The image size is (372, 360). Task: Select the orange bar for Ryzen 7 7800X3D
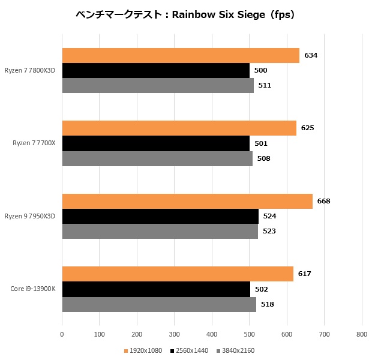coord(180,55)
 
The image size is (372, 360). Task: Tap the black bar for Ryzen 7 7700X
coord(156,143)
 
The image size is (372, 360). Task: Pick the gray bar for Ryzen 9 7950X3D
coord(160,231)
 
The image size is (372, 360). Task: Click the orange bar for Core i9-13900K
coord(178,274)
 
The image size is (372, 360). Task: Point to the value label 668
coord(323,201)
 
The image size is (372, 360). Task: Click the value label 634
coord(310,55)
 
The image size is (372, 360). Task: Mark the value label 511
coord(265,85)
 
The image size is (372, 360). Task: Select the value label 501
coord(260,143)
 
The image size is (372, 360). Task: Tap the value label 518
coord(268,304)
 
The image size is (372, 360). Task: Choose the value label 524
coord(269,216)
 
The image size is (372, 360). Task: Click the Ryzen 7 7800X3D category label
coord(30,70)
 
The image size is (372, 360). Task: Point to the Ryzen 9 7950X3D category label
coord(30,216)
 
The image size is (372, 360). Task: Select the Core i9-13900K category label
coord(33,289)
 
